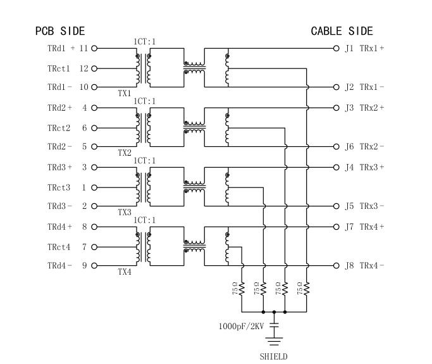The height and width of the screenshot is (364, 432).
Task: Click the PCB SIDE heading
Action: pos(59,31)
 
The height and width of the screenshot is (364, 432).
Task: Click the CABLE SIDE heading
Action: pos(342,31)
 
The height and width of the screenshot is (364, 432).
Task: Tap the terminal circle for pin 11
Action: pos(95,48)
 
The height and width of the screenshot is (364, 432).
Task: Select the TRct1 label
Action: pos(58,68)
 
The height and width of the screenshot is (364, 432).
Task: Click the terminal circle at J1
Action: pos(336,48)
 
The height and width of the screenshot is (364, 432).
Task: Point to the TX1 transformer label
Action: pos(124,93)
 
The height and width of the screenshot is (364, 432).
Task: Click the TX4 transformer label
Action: pos(124,272)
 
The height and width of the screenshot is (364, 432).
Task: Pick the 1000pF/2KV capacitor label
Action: pos(242,327)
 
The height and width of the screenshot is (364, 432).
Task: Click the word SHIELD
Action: pos(274,356)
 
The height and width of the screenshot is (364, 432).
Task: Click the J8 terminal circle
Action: pos(336,266)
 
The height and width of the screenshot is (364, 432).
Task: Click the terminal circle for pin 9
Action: pos(95,266)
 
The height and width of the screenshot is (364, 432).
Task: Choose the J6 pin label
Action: pos(349,147)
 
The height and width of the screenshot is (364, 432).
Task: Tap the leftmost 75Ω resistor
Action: pos(242,289)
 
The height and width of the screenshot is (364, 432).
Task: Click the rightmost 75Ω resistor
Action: pos(307,289)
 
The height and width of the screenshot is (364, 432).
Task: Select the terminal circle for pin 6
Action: pos(95,128)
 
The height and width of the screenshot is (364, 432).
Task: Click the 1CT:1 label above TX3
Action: pos(144,161)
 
